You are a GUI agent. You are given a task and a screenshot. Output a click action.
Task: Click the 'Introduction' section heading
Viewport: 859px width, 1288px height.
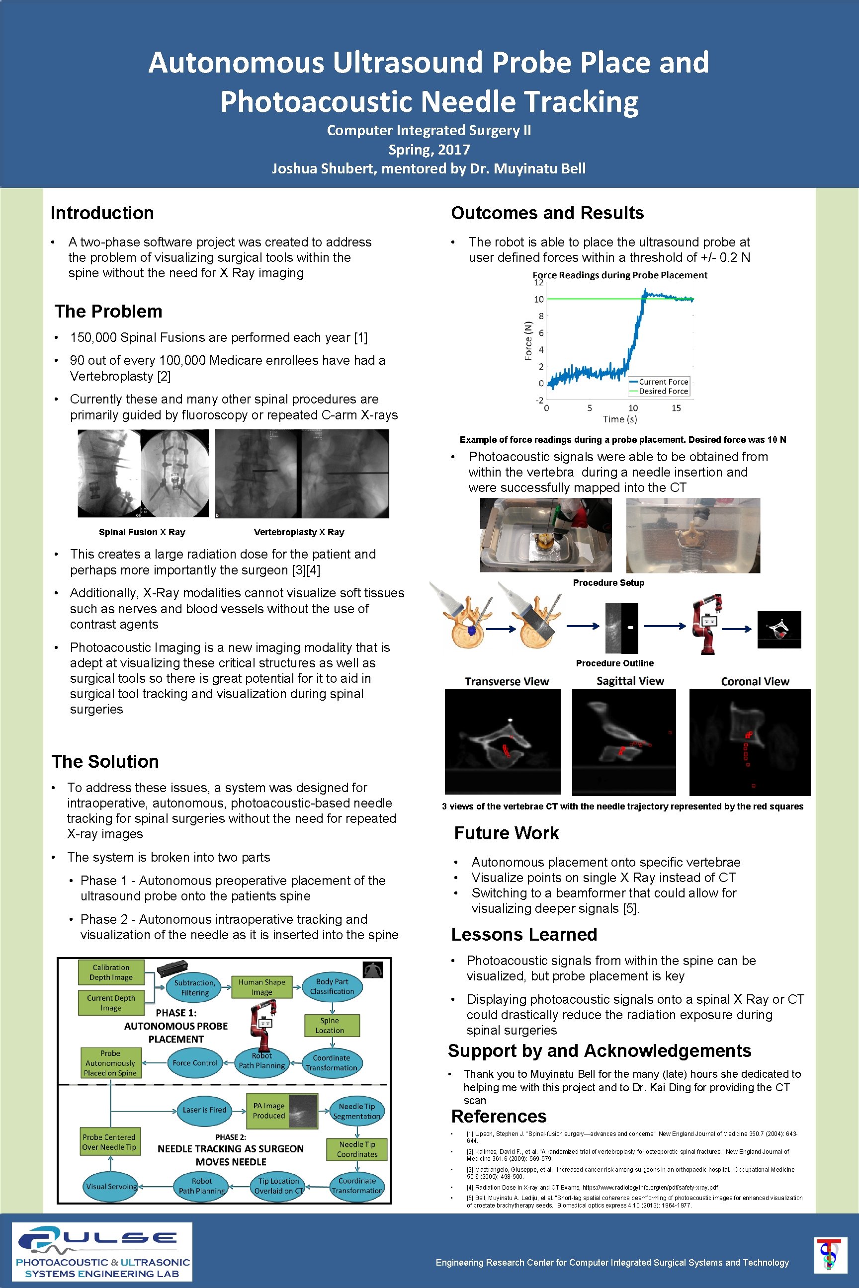point(102,213)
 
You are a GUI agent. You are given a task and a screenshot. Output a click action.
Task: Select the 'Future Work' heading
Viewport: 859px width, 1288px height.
point(506,833)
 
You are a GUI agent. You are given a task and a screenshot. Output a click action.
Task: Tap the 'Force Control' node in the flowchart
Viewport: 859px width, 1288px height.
point(195,1063)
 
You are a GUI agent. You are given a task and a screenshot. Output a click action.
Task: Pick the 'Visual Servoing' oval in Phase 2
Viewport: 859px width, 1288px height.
point(111,1186)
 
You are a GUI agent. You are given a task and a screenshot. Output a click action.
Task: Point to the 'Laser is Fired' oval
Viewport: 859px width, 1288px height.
point(204,1110)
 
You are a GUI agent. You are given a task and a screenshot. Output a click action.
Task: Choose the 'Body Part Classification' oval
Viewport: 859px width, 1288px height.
point(332,986)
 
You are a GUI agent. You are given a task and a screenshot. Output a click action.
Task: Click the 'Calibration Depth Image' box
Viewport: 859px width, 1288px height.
point(111,972)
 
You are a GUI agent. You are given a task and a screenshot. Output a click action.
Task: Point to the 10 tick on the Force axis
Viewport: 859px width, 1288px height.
point(539,300)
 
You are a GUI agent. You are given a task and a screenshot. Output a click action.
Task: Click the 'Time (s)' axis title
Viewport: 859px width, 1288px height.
point(619,419)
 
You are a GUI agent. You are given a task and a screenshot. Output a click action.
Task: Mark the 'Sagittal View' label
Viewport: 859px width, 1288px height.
point(630,681)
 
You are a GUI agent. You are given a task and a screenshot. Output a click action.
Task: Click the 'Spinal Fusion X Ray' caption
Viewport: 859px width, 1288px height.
point(142,532)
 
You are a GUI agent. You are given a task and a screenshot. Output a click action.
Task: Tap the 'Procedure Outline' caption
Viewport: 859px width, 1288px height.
point(614,663)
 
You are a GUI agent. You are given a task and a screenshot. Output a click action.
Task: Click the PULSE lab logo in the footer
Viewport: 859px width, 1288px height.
point(102,1251)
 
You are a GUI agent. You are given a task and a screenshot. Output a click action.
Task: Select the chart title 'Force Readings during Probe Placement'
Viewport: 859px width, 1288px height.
point(619,275)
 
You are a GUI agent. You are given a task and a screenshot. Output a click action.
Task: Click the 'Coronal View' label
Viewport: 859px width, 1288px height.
point(755,681)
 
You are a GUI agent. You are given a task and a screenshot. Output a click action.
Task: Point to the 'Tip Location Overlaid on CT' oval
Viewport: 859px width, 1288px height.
point(278,1186)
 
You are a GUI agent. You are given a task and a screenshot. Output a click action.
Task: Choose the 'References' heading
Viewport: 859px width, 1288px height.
point(499,1116)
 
